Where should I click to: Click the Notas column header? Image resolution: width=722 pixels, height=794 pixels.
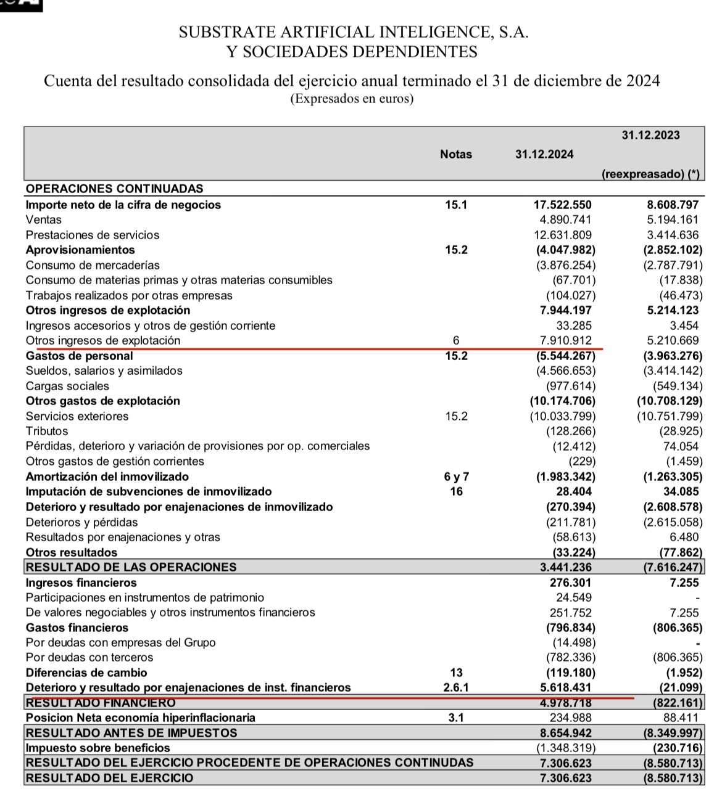pos(456,155)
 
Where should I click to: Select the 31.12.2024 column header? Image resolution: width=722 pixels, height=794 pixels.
pos(544,155)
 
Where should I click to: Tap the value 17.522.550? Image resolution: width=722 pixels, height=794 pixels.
pos(562,205)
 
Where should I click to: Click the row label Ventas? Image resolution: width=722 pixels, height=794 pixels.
pos(44,220)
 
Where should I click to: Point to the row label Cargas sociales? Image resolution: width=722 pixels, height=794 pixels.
pos(67,387)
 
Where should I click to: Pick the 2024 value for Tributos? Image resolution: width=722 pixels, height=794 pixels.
pos(571,432)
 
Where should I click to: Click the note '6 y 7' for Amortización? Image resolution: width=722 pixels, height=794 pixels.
pos(456,477)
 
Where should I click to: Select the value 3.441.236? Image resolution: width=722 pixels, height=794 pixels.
pos(565,567)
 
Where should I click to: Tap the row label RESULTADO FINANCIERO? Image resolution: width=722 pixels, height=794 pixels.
pos(101,703)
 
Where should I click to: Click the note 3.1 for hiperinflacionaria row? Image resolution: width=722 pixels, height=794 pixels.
pos(456,718)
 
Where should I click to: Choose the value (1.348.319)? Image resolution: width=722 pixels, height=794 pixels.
pos(565,748)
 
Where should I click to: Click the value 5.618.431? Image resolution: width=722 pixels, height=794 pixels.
pos(565,687)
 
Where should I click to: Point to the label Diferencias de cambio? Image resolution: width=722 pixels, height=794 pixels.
pos(86,673)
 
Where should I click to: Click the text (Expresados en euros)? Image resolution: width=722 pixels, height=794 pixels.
pos(352,99)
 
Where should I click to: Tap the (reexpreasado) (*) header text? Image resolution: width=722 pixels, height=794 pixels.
pos(651,174)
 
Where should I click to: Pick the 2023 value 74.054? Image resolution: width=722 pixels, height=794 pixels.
pos(682,446)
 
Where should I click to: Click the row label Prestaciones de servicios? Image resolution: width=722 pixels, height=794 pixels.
pos(93,235)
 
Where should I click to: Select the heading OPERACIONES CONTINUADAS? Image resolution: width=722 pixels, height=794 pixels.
pos(115,189)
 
